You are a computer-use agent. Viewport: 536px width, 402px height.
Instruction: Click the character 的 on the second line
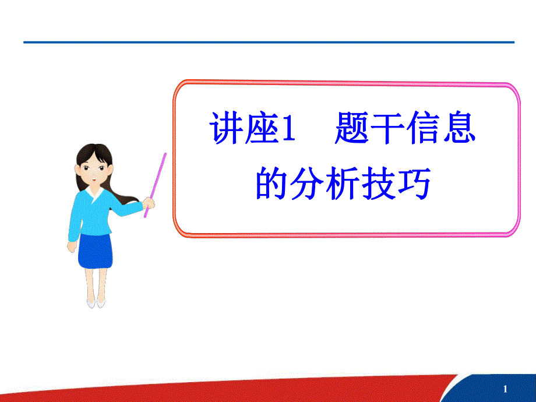[x=273, y=184]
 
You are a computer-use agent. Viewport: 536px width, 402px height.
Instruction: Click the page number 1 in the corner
[x=505, y=389]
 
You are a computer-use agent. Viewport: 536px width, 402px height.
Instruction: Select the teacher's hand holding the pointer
[x=149, y=203]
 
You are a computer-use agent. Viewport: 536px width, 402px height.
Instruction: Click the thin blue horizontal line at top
[x=268, y=43]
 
